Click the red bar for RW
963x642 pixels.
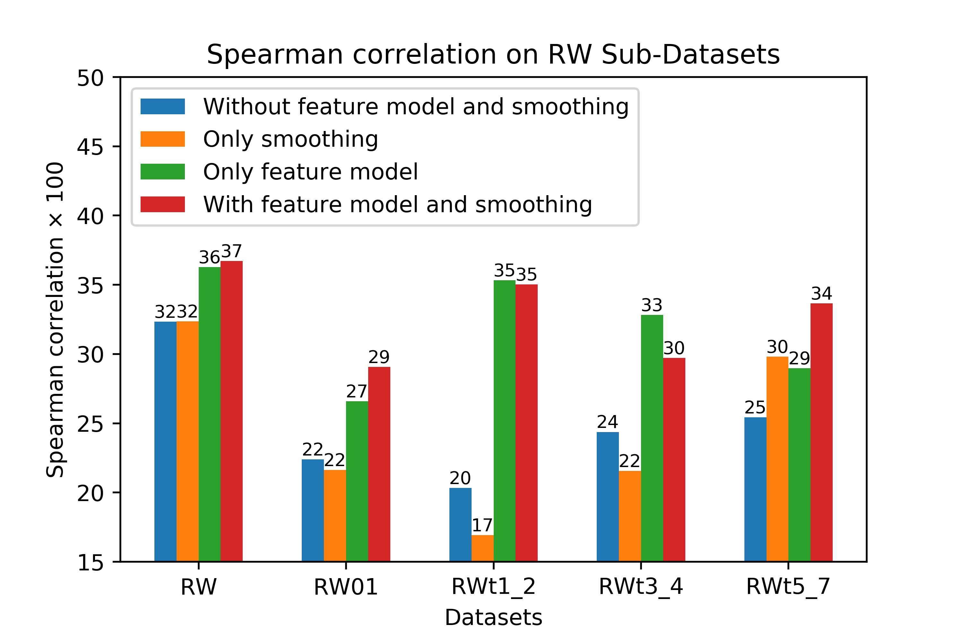click(x=231, y=411)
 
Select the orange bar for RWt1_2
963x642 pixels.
click(x=482, y=548)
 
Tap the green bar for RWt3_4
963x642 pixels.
click(x=652, y=438)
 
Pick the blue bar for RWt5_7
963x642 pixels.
click(x=755, y=489)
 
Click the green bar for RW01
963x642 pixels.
click(x=357, y=481)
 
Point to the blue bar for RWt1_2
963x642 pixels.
click(x=460, y=525)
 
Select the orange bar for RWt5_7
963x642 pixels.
click(x=777, y=459)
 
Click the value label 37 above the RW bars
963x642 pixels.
click(x=232, y=251)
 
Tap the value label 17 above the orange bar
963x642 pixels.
click(x=482, y=525)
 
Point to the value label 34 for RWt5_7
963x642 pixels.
click(x=821, y=294)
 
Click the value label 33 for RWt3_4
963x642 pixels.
click(x=652, y=305)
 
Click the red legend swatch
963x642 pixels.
click(x=162, y=204)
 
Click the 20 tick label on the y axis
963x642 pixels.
click(x=90, y=494)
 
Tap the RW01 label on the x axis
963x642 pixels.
click(x=346, y=587)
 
